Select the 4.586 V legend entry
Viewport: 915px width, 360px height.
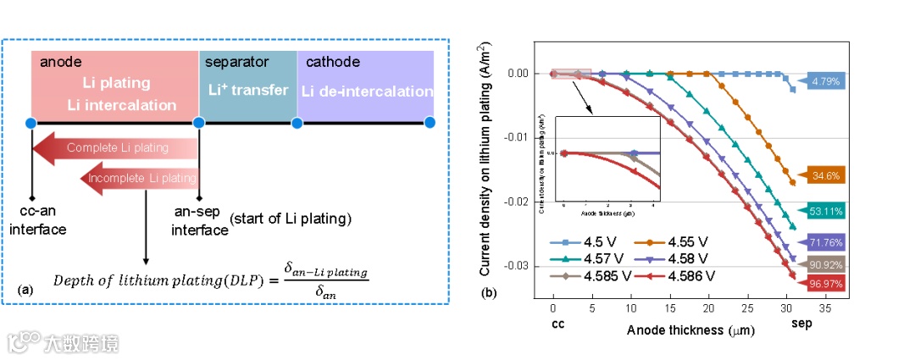(x=682, y=275)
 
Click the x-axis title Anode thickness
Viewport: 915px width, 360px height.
(x=687, y=330)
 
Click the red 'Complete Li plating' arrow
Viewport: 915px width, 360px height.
(x=115, y=148)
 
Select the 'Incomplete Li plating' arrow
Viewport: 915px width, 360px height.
(x=141, y=179)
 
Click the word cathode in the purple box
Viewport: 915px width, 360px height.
(x=333, y=62)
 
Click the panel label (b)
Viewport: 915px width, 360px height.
(x=490, y=293)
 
